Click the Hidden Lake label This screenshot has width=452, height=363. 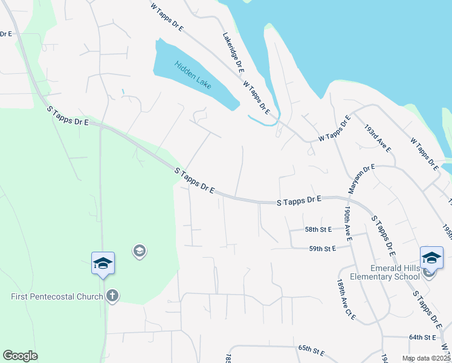193,74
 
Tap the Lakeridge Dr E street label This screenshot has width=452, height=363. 233,53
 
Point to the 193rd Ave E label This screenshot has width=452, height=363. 378,139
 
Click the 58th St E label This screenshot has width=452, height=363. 319,230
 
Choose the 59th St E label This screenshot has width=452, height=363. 322,248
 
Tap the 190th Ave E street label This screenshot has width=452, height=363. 349,223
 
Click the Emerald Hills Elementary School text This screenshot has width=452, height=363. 395,273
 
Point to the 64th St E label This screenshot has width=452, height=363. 422,337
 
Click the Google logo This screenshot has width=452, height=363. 20,356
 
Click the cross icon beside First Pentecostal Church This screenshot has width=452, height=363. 111,296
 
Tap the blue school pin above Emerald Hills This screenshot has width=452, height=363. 431,258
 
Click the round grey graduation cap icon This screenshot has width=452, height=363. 140,250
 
